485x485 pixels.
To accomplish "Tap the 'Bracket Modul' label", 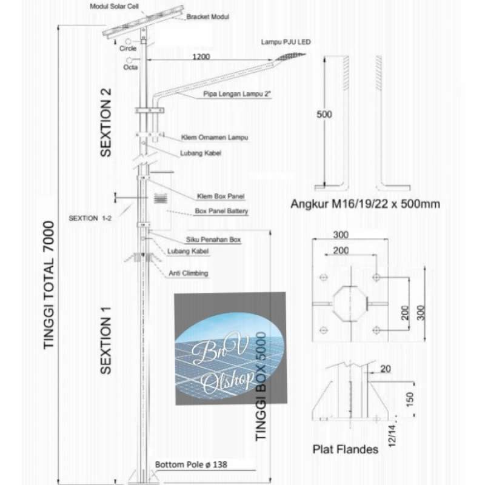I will point(207,17).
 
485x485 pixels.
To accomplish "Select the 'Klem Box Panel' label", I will point(216,196).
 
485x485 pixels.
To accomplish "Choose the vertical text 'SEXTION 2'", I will point(107,122).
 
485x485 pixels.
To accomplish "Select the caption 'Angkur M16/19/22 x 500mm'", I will point(365,204).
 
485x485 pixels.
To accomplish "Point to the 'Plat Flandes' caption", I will point(346,449).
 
